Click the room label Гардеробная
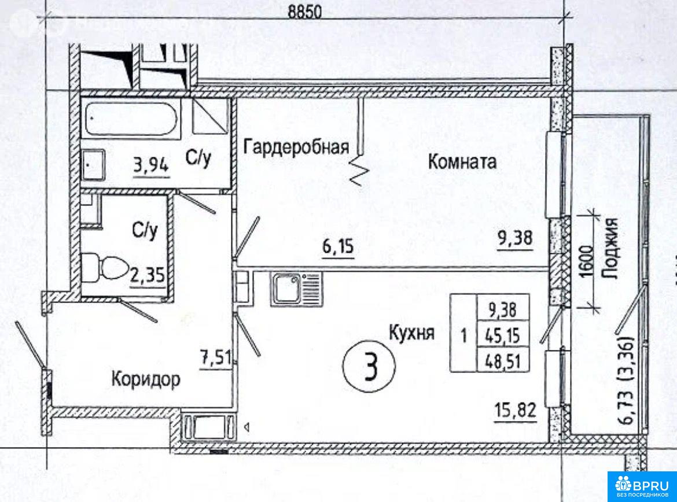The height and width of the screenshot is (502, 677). tap(296, 147)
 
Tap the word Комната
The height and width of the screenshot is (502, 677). tap(462, 161)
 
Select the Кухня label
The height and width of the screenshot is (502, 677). tap(411, 334)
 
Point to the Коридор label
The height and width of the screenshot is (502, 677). tap(145, 380)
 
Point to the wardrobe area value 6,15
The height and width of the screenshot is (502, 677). tap(337, 248)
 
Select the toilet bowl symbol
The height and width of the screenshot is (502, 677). tap(107, 268)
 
